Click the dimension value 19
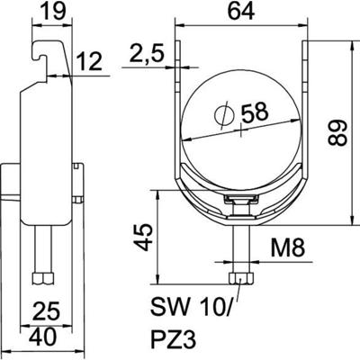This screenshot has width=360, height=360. pos(52,13)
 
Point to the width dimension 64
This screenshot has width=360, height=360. pos(239,13)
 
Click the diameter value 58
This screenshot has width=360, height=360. pos(265,114)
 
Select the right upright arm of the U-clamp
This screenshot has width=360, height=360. pos(303,108)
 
